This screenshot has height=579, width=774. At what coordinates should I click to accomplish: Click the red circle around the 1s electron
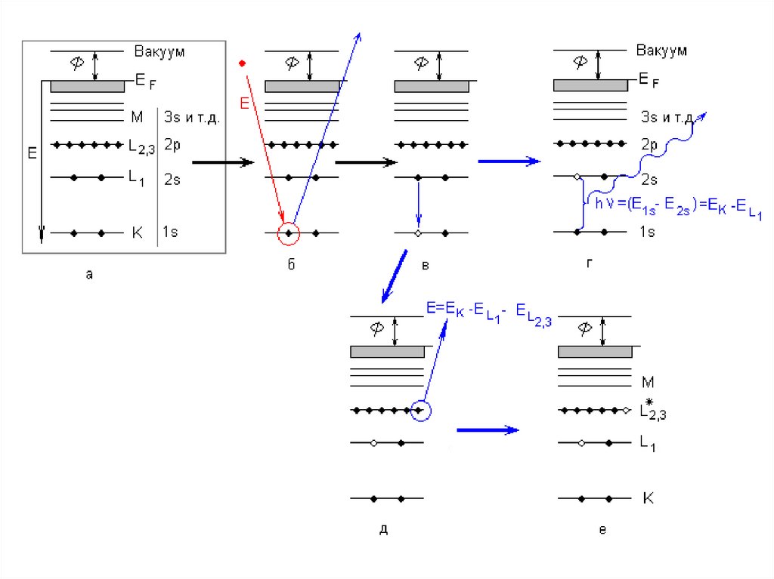click(x=289, y=234)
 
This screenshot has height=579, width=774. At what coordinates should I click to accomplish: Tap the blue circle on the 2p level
click(x=421, y=411)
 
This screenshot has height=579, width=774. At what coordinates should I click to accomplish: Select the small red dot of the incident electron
click(x=241, y=62)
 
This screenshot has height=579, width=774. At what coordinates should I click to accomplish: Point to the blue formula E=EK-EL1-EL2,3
click(x=488, y=313)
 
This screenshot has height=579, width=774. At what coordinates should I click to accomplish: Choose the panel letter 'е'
click(x=602, y=530)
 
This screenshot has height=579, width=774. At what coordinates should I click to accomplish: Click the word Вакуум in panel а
click(x=159, y=51)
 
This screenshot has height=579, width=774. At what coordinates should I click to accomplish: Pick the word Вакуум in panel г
click(x=661, y=51)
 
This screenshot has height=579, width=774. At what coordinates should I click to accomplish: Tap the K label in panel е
click(x=648, y=498)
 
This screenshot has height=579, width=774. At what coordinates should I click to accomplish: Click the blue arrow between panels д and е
click(x=488, y=430)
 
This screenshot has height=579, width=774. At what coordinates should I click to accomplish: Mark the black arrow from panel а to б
click(x=222, y=162)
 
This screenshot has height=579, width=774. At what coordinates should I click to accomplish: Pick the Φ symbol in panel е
click(x=584, y=328)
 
